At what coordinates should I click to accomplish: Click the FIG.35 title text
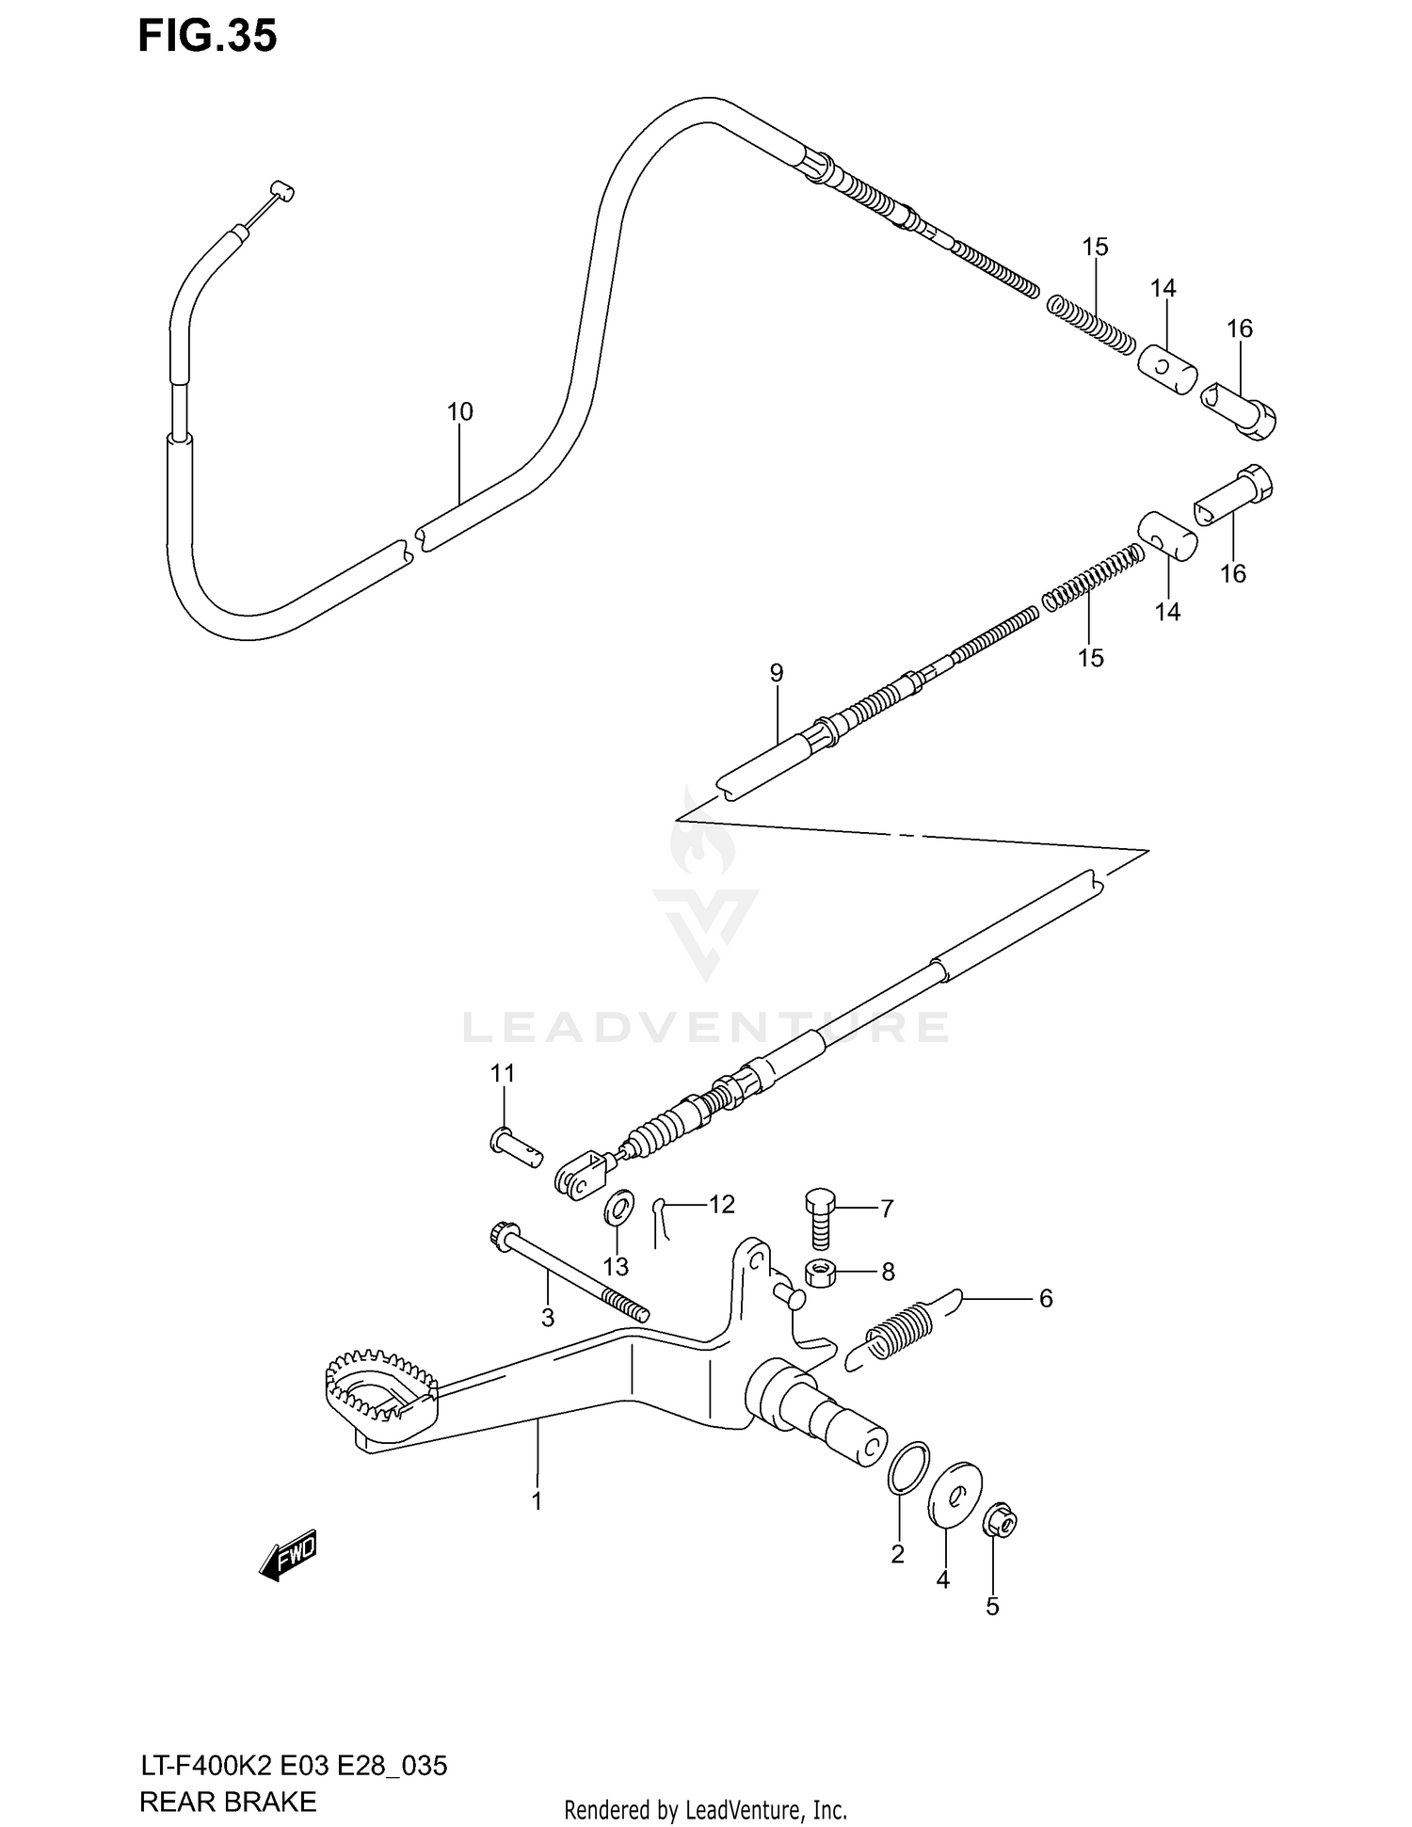click(207, 36)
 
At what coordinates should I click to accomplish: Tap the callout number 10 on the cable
click(459, 411)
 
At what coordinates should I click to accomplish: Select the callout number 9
click(776, 672)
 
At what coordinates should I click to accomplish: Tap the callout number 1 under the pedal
click(537, 1500)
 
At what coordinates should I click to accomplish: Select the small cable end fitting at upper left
click(281, 191)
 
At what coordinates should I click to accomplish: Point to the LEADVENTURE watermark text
click(706, 1027)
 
